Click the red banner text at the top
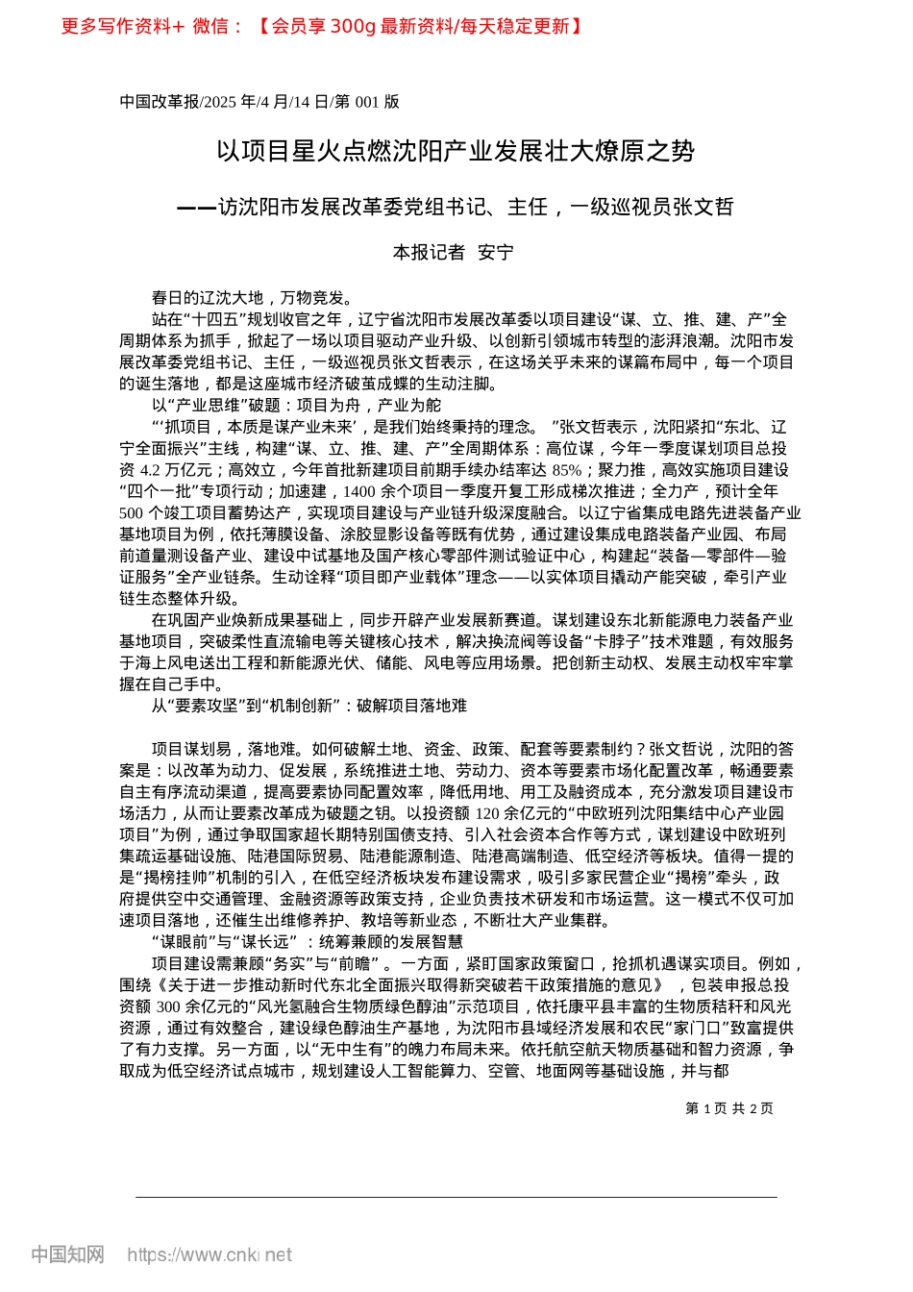(322, 26)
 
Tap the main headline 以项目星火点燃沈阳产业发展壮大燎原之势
(456, 151)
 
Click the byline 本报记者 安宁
(454, 253)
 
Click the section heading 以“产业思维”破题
(296, 406)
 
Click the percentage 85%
(567, 470)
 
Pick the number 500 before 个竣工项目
(132, 513)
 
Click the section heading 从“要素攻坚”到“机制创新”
(309, 706)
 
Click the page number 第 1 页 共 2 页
(728, 1108)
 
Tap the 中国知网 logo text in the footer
(67, 1255)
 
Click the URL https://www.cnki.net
(210, 1255)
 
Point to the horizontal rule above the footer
(456, 1197)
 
